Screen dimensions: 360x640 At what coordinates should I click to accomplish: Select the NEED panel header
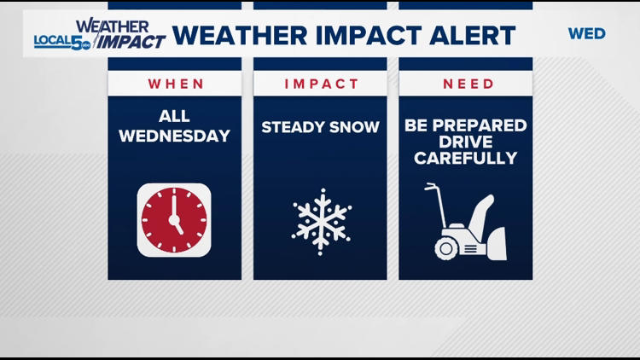point(465,84)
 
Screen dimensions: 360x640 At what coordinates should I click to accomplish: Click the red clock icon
point(174,220)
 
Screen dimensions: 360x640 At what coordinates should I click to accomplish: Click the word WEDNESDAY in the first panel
point(174,136)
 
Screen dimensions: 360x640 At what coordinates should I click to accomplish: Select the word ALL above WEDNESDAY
point(174,117)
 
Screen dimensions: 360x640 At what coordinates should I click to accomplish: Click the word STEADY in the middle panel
point(291,127)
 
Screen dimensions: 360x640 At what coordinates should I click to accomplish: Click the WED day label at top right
point(586,34)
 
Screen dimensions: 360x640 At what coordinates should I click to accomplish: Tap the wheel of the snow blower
point(447,247)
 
